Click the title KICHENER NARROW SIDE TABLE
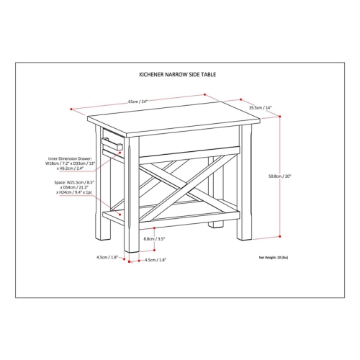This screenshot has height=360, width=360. [x=177, y=73]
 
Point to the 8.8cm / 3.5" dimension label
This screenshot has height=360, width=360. [x=154, y=239]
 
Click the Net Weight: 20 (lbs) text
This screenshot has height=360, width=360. [x=273, y=257]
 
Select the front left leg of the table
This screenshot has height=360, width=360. [x=130, y=209]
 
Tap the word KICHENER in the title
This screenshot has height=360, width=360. [x=151, y=73]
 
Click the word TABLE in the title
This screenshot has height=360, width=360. [x=208, y=73]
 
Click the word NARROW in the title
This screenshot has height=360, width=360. [x=176, y=73]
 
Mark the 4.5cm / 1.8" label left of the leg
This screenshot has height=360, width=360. [x=106, y=255]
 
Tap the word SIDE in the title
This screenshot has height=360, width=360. [x=194, y=73]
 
